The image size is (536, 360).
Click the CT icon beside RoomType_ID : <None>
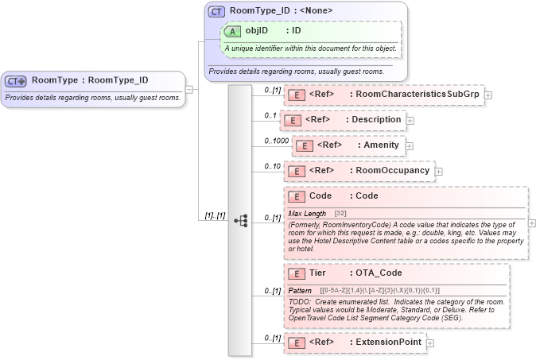coord(216,12)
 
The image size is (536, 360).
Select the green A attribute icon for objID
coord(232,31)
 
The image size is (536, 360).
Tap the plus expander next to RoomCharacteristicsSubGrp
coord(487,95)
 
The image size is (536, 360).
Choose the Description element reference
coord(376,120)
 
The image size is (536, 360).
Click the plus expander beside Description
coord(410,121)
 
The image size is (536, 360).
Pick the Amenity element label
coord(381,145)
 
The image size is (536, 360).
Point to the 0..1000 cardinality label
coord(276,141)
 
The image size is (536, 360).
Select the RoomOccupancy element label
coord(392,171)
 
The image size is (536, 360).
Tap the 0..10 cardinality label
coord(273,166)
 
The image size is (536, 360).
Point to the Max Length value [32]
coord(340,214)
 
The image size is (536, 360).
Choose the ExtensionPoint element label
coord(389,343)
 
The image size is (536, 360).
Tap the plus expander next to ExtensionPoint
coord(430,343)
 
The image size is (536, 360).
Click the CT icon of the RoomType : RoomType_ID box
coord(16,81)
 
